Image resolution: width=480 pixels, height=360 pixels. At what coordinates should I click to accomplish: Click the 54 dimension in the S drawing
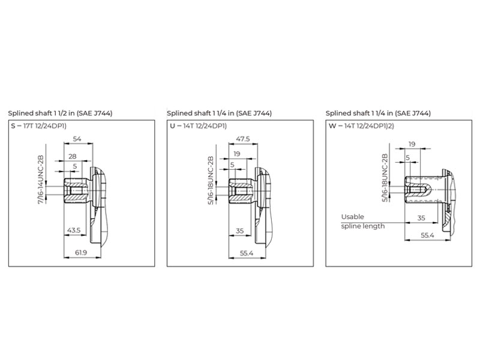(x=77, y=139)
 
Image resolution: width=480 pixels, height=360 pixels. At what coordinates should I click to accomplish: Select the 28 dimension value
(x=73, y=157)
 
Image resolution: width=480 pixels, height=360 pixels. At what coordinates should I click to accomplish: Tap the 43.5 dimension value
(x=74, y=230)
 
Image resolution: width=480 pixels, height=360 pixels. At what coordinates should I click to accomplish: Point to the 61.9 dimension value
(x=81, y=253)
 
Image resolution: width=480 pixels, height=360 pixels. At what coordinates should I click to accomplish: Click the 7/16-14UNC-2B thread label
(x=41, y=180)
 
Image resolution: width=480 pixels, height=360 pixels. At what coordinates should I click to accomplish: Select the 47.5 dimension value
(x=243, y=139)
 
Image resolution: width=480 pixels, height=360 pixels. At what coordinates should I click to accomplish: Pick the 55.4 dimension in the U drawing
(x=247, y=253)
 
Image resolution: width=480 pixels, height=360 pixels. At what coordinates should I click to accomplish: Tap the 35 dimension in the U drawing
(x=239, y=230)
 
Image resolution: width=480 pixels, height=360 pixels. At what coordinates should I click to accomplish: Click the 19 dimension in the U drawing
(x=237, y=154)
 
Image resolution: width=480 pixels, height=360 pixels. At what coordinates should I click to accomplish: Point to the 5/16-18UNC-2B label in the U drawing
(x=211, y=181)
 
